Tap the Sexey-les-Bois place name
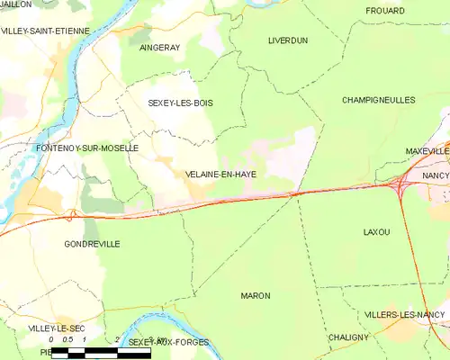[x=180, y=103]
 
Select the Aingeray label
[x=160, y=48]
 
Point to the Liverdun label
[x=288, y=40]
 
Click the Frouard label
[x=384, y=10]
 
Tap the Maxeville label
[x=427, y=151]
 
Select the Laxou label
[x=376, y=232]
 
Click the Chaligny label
[x=348, y=337]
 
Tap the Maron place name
[x=255, y=295]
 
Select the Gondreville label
[x=93, y=244]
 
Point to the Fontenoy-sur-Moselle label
[x=86, y=148]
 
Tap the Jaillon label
[x=16, y=4]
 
